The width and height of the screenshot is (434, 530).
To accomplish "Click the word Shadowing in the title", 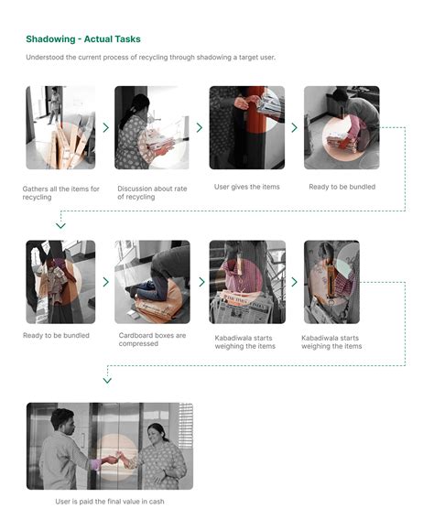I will point(52,39).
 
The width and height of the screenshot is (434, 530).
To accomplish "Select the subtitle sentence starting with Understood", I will point(150,58).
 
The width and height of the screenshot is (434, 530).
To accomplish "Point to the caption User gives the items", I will point(246,187).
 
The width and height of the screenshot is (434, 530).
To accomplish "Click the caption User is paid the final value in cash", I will point(109,502).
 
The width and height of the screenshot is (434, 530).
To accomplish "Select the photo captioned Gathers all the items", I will point(60,127).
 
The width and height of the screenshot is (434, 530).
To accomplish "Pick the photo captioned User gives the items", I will point(246,127).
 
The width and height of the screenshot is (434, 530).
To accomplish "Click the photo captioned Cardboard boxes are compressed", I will point(152,282).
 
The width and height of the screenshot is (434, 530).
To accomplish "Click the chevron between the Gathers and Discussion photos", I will point(106,128).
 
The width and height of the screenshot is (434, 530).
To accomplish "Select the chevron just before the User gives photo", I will point(200,128).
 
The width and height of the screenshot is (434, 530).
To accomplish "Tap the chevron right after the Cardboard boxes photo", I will point(200,283).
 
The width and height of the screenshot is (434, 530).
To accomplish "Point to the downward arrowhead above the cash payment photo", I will point(107,379).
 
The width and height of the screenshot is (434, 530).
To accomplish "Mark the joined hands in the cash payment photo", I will point(114,460).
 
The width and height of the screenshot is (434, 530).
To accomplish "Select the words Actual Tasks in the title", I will point(114,39).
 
